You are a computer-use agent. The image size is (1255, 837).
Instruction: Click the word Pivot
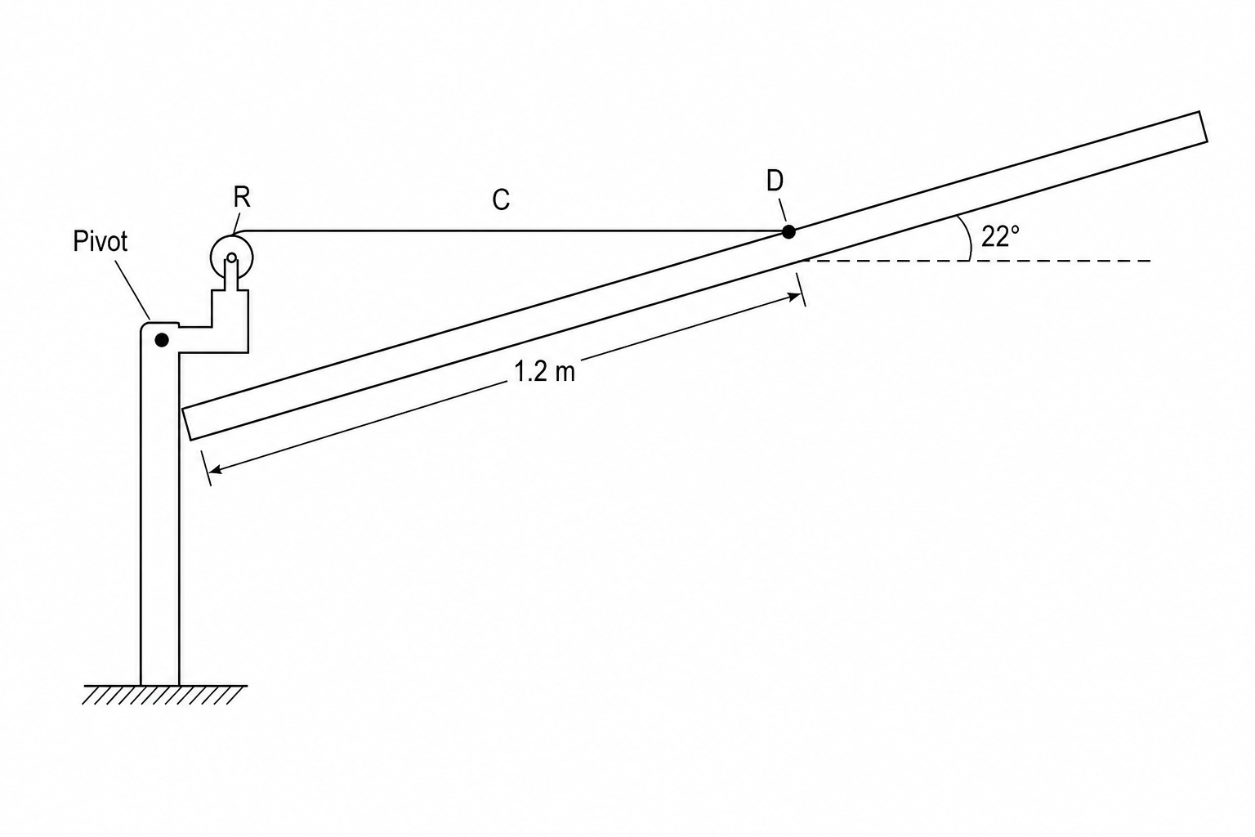point(100,241)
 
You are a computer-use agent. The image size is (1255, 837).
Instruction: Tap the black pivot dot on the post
point(161,340)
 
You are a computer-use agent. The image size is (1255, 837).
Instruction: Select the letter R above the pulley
point(242,197)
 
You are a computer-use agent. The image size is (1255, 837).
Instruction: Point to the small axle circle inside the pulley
point(231,257)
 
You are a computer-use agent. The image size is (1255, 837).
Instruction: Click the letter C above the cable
point(501,199)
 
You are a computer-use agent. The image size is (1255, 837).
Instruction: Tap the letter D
point(775,181)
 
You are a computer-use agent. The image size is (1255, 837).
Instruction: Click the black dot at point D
point(788,231)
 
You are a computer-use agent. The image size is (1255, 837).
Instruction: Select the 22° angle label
point(1000,236)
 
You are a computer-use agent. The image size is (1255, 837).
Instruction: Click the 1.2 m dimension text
point(545,372)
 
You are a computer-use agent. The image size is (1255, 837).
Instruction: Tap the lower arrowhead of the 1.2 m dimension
point(212,470)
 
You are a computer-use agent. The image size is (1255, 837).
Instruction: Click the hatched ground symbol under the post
point(165,694)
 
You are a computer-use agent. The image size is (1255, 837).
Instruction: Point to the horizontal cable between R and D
point(511,231)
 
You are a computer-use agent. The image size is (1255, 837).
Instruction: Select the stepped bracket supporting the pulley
point(230,321)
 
